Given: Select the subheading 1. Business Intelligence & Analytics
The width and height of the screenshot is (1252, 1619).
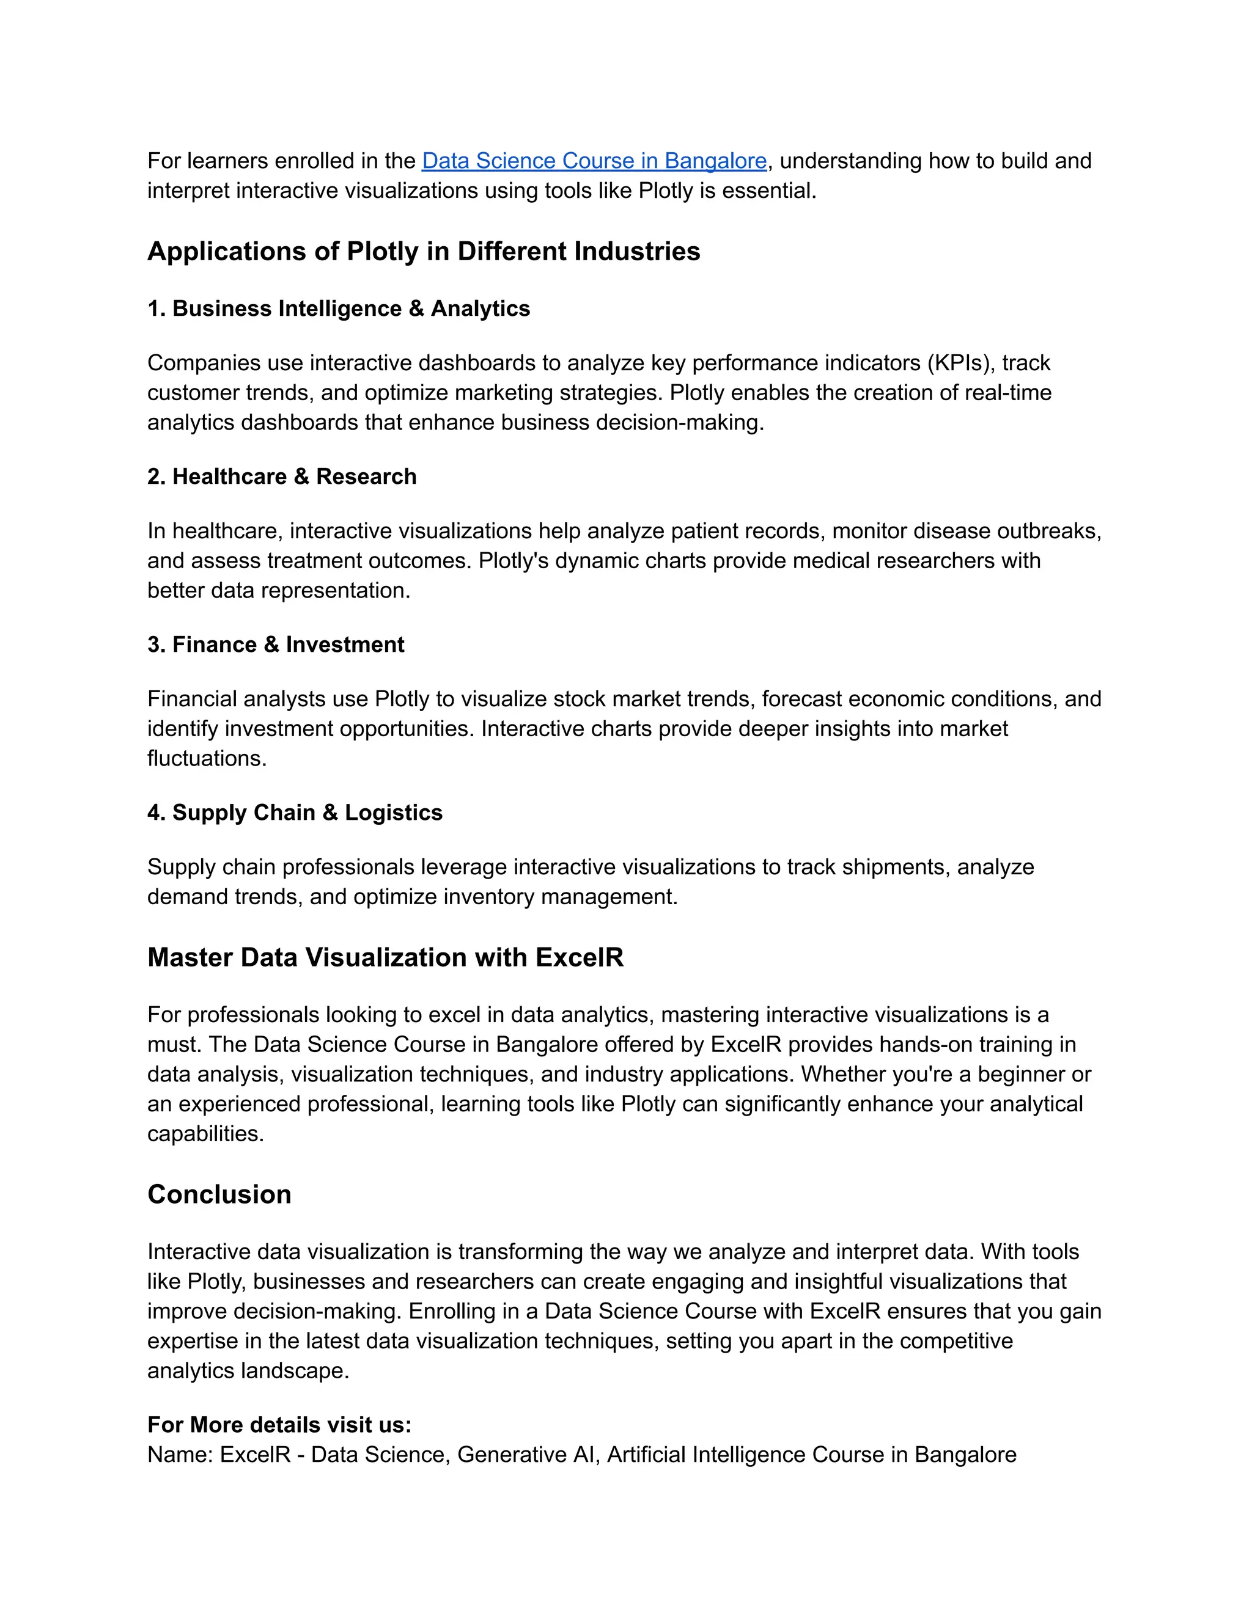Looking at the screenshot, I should click(338, 309).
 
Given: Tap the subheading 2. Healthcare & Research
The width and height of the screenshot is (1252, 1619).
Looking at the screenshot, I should click(282, 477).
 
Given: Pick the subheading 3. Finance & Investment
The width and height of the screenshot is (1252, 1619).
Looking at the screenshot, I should click(276, 645).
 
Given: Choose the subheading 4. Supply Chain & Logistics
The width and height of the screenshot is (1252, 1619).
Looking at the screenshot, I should click(295, 813).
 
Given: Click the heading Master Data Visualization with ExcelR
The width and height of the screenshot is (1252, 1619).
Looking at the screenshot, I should click(385, 958).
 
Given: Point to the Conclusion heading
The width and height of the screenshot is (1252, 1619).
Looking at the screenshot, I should click(219, 1195).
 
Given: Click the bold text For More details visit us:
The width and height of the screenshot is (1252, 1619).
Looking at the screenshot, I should click(279, 1425).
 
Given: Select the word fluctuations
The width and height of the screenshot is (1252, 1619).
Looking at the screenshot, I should click(205, 758).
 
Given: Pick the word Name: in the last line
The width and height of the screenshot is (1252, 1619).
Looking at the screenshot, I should click(180, 1455).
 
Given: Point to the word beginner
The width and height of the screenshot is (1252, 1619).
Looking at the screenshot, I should click(1020, 1075).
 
